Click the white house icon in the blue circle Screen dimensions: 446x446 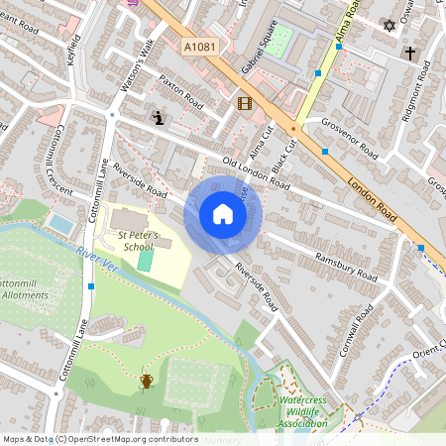(223, 214)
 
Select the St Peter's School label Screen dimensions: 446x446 (135, 241)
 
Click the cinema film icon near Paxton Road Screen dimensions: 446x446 (244, 102)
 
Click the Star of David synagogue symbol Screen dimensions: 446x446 (389, 25)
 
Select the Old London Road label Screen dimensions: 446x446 (256, 173)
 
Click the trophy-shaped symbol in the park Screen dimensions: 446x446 (147, 381)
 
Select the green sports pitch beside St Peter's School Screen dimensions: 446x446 (146, 261)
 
